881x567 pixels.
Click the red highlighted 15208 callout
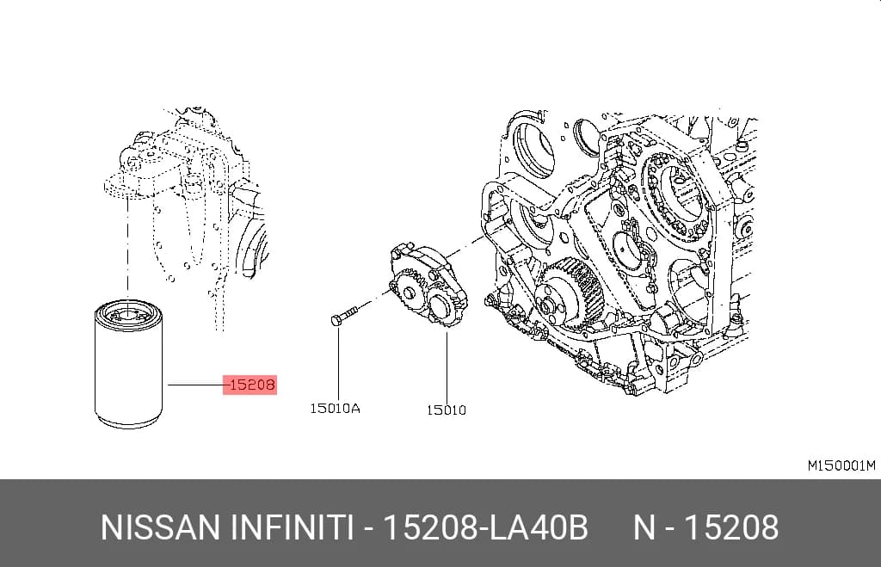[x=250, y=385]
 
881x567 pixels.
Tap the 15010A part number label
[x=335, y=409]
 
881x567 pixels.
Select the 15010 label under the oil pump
[x=447, y=410]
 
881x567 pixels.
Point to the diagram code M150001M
[x=841, y=465]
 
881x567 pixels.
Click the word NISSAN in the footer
[x=160, y=527]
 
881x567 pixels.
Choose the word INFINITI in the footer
[x=291, y=527]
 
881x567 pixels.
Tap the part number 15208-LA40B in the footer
[x=485, y=527]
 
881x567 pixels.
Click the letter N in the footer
[x=644, y=527]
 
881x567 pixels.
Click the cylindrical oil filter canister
[x=129, y=364]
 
